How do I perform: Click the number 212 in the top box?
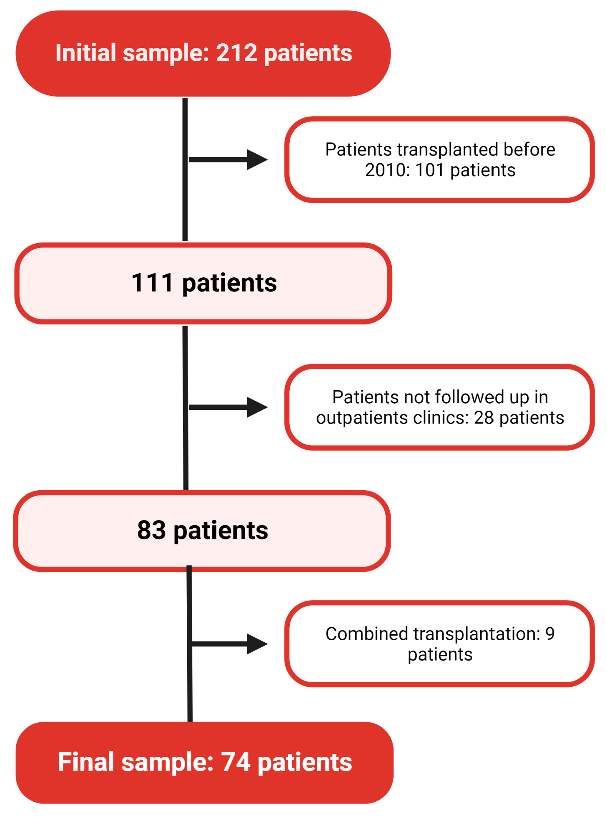(x=236, y=53)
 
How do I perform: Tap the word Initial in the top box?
(x=85, y=53)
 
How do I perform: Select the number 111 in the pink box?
(x=152, y=283)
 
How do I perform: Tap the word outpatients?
(x=361, y=417)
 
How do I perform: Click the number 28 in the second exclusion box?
(x=484, y=417)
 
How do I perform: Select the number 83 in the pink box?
(x=151, y=530)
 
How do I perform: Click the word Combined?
(x=366, y=633)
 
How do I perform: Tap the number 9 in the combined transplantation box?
(x=550, y=633)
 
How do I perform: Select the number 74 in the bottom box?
(x=236, y=762)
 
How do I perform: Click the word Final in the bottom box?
(x=86, y=762)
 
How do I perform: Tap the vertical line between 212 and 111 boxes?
(x=185, y=200)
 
